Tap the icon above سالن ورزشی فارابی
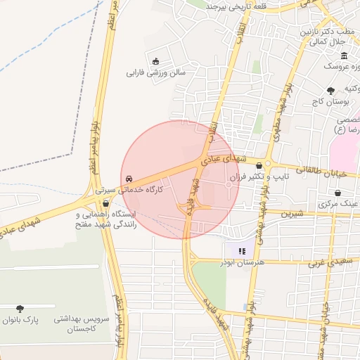155,60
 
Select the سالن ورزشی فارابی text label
155,72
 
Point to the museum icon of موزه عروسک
344,56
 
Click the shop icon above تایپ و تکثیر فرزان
259,166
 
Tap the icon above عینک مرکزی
338,192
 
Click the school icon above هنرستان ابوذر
241,250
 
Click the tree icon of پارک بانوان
20,308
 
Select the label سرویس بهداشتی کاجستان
82,323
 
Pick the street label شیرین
292,212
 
